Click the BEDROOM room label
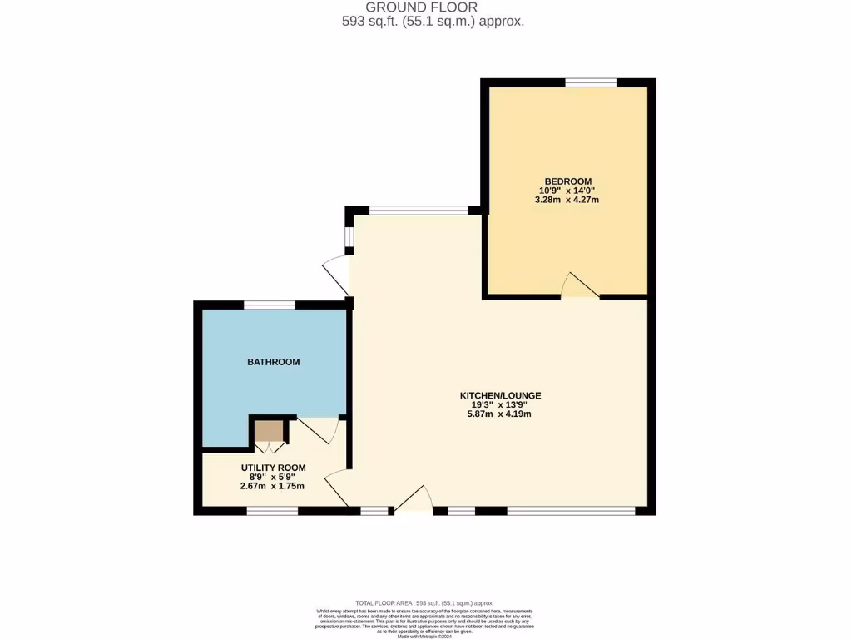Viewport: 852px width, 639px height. pyautogui.click(x=568, y=181)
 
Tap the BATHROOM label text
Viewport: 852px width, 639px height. pyautogui.click(x=273, y=362)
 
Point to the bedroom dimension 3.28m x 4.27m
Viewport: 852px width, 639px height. pyautogui.click(x=568, y=200)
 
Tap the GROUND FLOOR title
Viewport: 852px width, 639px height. pyautogui.click(x=433, y=7)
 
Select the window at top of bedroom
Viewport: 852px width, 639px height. pyautogui.click(x=591, y=82)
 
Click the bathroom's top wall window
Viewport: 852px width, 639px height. pyautogui.click(x=269, y=305)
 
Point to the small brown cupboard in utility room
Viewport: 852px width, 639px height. pyautogui.click(x=269, y=431)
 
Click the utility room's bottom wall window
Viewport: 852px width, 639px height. pyautogui.click(x=272, y=510)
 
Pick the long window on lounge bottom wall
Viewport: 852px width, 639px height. pyautogui.click(x=571, y=510)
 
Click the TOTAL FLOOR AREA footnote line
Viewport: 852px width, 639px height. pyautogui.click(x=424, y=602)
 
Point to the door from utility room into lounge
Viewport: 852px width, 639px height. pyautogui.click(x=336, y=488)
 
